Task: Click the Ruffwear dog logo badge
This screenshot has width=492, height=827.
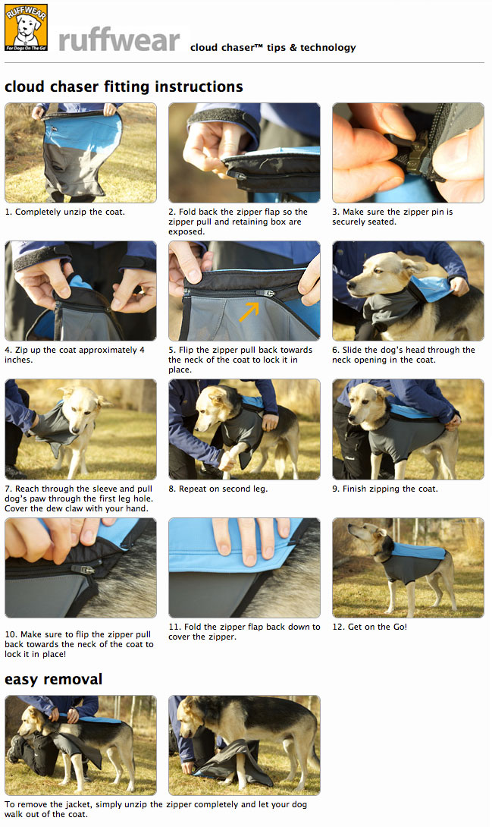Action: coord(26,27)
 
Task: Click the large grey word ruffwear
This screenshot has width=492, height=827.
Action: coord(119,40)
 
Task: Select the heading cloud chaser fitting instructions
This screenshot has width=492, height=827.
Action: coord(124,86)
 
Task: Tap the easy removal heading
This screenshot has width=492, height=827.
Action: coord(53,679)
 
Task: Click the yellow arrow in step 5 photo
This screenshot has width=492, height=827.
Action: coord(249,310)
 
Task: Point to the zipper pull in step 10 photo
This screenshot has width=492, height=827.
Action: coord(83,569)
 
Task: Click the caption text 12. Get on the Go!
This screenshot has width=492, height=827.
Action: coord(369,627)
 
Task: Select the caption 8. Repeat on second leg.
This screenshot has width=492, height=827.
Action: coord(218,489)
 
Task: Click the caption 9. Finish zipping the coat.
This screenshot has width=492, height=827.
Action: coord(384,489)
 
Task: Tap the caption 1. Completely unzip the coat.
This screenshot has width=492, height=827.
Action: coord(64,212)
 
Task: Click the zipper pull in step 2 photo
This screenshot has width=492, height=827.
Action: coord(237,175)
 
